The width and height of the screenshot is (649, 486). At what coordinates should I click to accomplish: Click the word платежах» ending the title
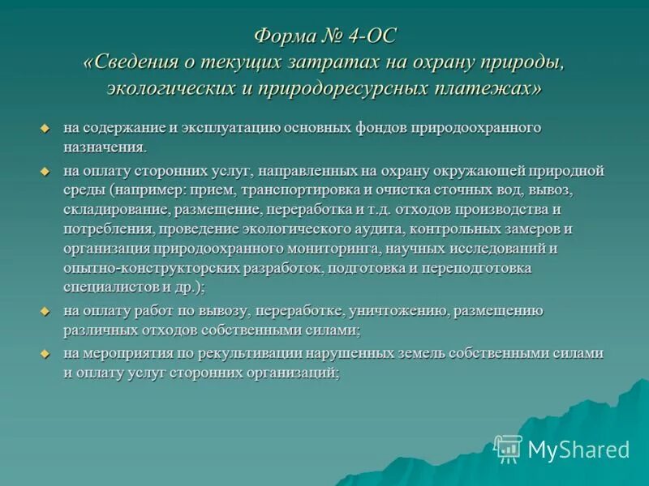(496, 87)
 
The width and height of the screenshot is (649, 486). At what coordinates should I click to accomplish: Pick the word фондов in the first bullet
(381, 128)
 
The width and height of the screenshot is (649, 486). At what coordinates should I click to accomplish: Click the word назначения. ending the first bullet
(105, 147)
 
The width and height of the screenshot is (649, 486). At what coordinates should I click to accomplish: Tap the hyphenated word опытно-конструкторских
(145, 267)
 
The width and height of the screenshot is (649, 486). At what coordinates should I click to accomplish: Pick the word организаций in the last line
(292, 373)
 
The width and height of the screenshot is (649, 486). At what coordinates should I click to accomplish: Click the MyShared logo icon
(508, 448)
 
